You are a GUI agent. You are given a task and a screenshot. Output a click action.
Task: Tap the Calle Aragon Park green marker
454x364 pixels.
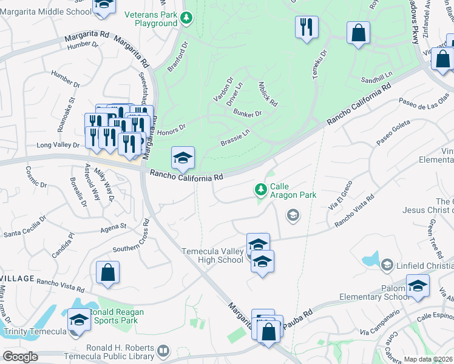pos(261,190)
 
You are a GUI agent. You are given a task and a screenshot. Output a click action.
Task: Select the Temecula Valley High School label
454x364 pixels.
pos(212,255)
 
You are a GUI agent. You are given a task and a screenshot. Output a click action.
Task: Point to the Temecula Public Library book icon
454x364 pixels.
pos(163,351)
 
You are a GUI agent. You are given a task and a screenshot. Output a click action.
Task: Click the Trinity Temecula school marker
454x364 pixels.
pos(79,319)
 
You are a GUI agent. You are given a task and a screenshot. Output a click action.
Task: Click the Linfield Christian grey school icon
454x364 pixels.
pos(387,265)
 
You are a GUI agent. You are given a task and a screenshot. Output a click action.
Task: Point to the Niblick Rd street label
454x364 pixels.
pos(268,94)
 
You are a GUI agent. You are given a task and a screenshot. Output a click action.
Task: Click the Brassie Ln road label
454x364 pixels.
pos(236,137)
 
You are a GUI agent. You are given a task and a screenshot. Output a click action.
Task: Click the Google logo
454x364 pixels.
pos(20,357)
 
